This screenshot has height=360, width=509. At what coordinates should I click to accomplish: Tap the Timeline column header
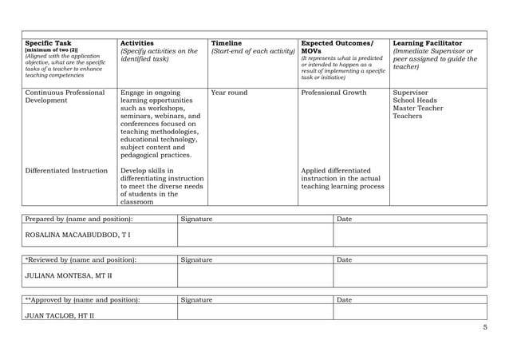[226, 42]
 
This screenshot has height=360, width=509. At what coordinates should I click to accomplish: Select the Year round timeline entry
[229, 93]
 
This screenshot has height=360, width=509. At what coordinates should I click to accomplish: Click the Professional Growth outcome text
[333, 93]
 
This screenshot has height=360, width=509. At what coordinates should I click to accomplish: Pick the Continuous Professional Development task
[65, 97]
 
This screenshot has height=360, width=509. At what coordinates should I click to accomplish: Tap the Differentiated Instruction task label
[66, 170]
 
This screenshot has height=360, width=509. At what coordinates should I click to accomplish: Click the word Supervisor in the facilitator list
[412, 93]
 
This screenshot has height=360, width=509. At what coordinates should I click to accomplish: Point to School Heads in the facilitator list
[415, 101]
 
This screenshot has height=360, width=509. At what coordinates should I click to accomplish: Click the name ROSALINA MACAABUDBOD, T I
[78, 235]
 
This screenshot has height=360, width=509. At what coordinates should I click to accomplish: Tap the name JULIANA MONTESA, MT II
[69, 276]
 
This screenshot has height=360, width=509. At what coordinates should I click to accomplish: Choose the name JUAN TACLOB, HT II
[61, 315]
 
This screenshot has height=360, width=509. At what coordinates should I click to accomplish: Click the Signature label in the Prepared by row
[196, 219]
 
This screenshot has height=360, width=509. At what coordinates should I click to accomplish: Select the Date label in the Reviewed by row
[345, 259]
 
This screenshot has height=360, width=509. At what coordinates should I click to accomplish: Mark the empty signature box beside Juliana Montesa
[254, 275]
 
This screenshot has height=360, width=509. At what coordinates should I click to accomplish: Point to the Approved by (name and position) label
[82, 299]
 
